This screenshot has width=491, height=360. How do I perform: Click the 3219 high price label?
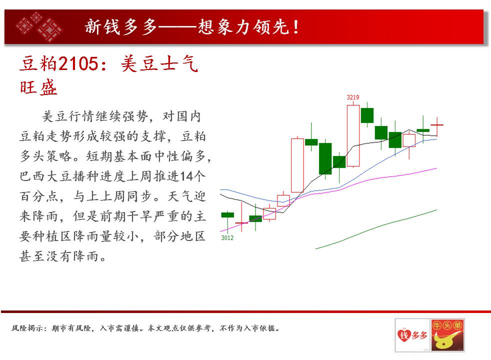(x=353, y=97)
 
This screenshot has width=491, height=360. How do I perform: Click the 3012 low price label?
(x=227, y=238)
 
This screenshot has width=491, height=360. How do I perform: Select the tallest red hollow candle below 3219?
(x=353, y=135)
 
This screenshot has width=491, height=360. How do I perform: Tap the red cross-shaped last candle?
(x=437, y=125)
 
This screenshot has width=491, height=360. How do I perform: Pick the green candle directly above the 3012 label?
(x=227, y=215)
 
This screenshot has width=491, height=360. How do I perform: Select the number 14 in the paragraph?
(x=186, y=176)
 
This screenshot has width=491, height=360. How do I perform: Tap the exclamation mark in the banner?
(x=295, y=27)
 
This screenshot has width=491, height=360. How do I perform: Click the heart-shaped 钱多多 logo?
(x=412, y=335)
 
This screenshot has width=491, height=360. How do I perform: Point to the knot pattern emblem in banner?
(x=39, y=27)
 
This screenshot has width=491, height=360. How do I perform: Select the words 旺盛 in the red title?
(x=38, y=87)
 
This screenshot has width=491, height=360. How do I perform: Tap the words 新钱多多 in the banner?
(x=121, y=27)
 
